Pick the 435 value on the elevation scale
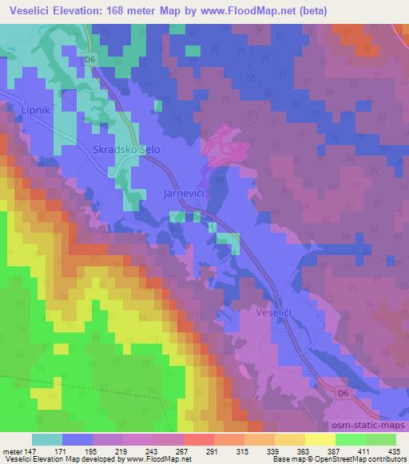393,451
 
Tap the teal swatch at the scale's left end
46,439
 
